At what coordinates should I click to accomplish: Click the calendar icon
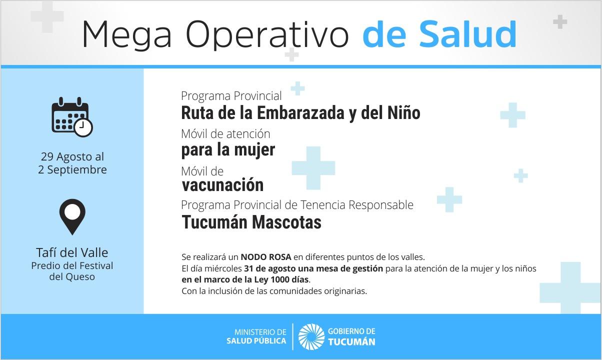point(72,117)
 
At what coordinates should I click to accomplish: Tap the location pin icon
point(72,217)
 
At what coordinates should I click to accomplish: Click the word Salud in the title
point(467,34)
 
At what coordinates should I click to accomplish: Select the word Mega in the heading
point(127,35)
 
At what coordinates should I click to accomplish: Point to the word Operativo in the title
point(267,35)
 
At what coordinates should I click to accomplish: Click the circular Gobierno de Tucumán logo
point(311,337)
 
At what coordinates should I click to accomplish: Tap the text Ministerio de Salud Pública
point(256,336)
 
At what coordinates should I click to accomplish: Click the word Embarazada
point(300,113)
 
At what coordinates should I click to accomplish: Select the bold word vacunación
point(222,185)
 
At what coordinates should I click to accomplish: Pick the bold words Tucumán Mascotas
point(251,222)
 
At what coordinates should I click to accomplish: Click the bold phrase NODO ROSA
point(266,257)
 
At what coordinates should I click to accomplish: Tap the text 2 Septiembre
point(72,170)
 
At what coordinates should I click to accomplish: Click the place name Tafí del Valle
point(72,253)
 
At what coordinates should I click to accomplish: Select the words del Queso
point(72,276)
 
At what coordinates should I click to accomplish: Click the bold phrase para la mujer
point(228,150)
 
